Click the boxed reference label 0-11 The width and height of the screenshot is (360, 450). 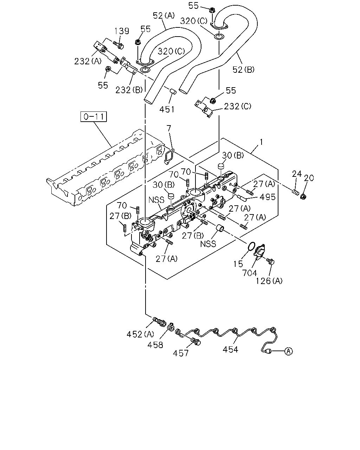point(94,116)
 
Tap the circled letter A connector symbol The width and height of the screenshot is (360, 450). point(289,351)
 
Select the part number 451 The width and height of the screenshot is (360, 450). point(167,109)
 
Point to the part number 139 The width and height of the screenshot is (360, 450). point(122,31)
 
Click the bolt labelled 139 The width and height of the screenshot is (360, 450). point(118,45)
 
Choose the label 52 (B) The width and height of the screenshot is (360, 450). point(244,70)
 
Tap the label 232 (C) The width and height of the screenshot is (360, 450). point(238,107)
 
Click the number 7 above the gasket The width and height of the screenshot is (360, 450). point(169,128)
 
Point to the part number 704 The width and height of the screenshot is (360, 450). point(249,273)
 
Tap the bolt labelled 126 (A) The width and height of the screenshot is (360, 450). point(270,261)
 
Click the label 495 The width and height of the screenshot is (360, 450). point(268,197)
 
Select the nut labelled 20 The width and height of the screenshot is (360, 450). point(303,197)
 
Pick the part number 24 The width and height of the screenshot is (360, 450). point(297,174)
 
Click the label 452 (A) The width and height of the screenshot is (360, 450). point(140,334)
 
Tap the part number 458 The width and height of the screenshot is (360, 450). point(155,345)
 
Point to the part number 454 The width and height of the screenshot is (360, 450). point(230,349)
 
